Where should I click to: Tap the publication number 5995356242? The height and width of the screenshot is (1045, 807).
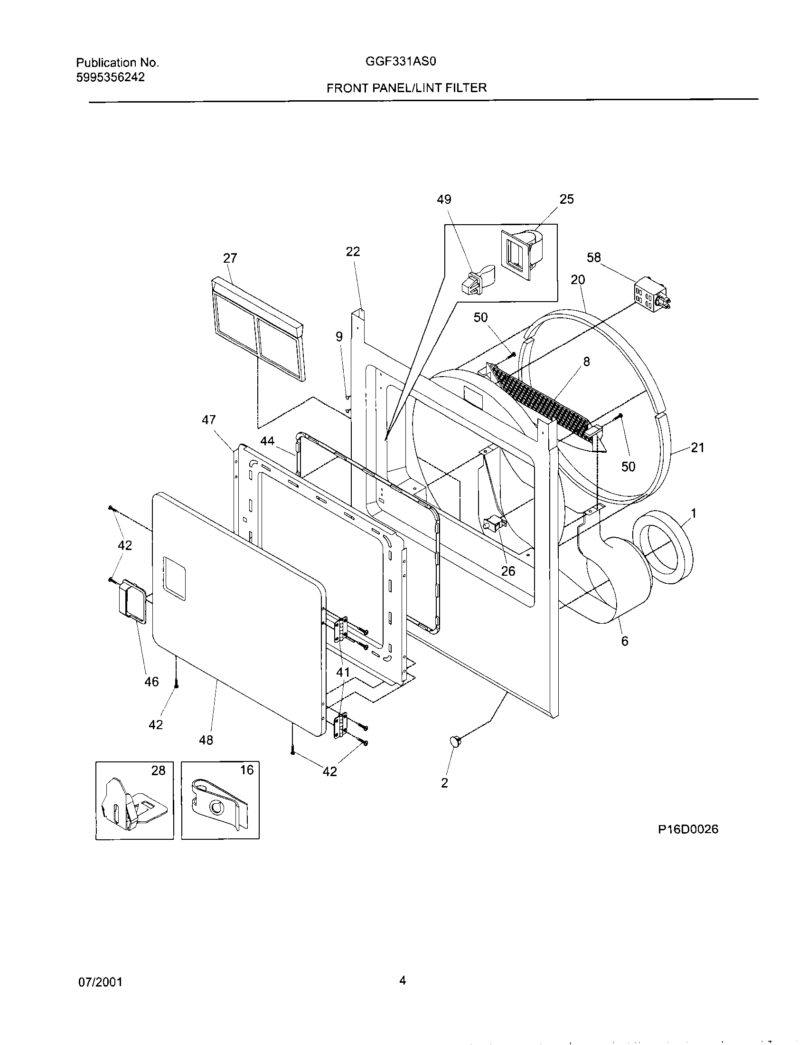pos(111,77)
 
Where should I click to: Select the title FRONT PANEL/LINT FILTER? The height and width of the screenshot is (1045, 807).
pos(406,87)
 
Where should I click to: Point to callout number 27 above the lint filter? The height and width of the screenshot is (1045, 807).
pos(230,258)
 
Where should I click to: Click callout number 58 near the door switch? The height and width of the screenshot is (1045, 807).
pos(593,257)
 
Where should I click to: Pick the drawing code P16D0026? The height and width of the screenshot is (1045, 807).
pos(688,829)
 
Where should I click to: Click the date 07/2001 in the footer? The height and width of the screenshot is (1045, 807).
pos(100,982)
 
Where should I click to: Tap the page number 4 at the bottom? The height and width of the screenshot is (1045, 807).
pos(403,981)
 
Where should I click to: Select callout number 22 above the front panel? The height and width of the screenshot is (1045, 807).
pos(353,252)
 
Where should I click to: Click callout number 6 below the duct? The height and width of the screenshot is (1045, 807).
pos(625,641)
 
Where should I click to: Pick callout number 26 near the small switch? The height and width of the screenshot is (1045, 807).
pos(508,571)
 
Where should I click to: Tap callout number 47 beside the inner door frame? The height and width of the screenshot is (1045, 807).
pos(209,420)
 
